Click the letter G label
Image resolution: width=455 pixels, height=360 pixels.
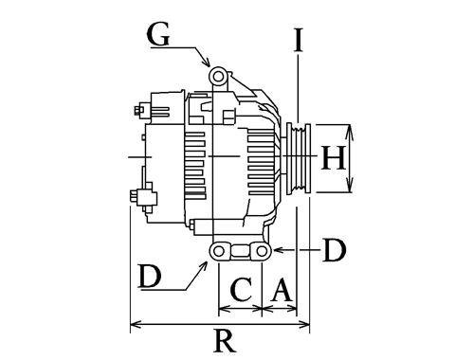(158, 34)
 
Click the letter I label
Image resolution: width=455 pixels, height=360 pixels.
(299, 40)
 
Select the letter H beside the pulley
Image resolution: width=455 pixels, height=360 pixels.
(333, 158)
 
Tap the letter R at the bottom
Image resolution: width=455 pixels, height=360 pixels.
(225, 341)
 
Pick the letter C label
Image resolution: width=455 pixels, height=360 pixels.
(242, 289)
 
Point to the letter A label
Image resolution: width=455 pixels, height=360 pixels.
(281, 289)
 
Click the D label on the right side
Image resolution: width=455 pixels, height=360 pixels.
(335, 250)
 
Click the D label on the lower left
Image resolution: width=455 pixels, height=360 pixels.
(150, 276)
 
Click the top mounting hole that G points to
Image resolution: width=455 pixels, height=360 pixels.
(218, 77)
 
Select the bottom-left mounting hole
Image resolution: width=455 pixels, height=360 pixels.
(219, 251)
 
